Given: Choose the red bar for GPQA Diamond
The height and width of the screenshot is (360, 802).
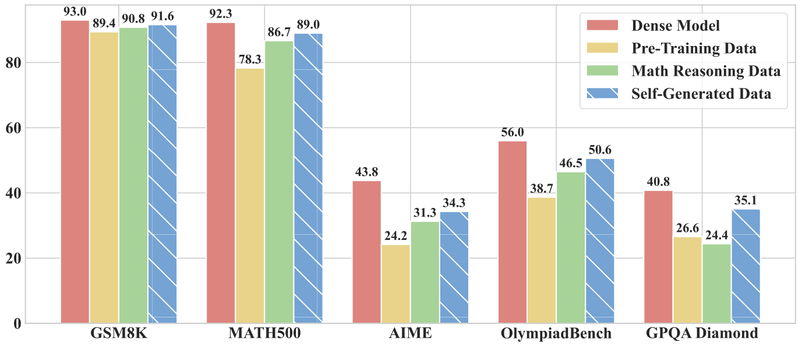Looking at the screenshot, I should coord(658,257).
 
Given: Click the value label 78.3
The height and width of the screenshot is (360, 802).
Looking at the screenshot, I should coord(250,61).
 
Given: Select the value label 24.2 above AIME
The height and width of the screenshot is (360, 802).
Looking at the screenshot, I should coord(396,237).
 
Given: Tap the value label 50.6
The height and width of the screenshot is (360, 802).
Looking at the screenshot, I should coord(600,150).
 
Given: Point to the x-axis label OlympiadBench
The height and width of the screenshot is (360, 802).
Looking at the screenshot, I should coord(556,334).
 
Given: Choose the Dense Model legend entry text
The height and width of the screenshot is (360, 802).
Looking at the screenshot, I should coord(676,26).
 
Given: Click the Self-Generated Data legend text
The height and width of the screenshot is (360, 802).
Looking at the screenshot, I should coord(701,94).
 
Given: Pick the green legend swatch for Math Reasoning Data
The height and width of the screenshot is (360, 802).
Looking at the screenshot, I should coord(603,71).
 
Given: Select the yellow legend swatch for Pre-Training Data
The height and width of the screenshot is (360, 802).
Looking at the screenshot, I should coord(603,48).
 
